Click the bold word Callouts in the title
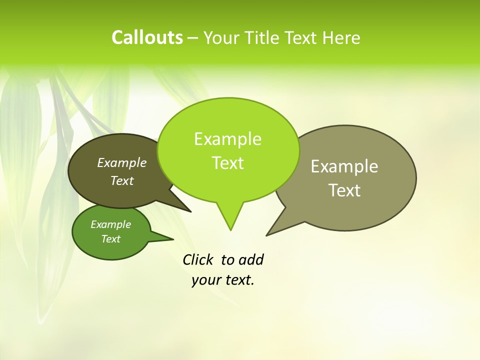(147, 37)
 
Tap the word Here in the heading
(341, 38)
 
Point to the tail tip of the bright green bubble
(230, 229)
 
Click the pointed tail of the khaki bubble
(268, 233)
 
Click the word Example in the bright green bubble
(227, 139)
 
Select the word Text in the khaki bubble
(344, 190)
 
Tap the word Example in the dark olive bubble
(121, 162)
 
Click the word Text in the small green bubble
(110, 239)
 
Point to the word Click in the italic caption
(197, 259)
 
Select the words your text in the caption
(223, 280)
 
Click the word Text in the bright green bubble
(227, 163)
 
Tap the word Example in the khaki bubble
(344, 166)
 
